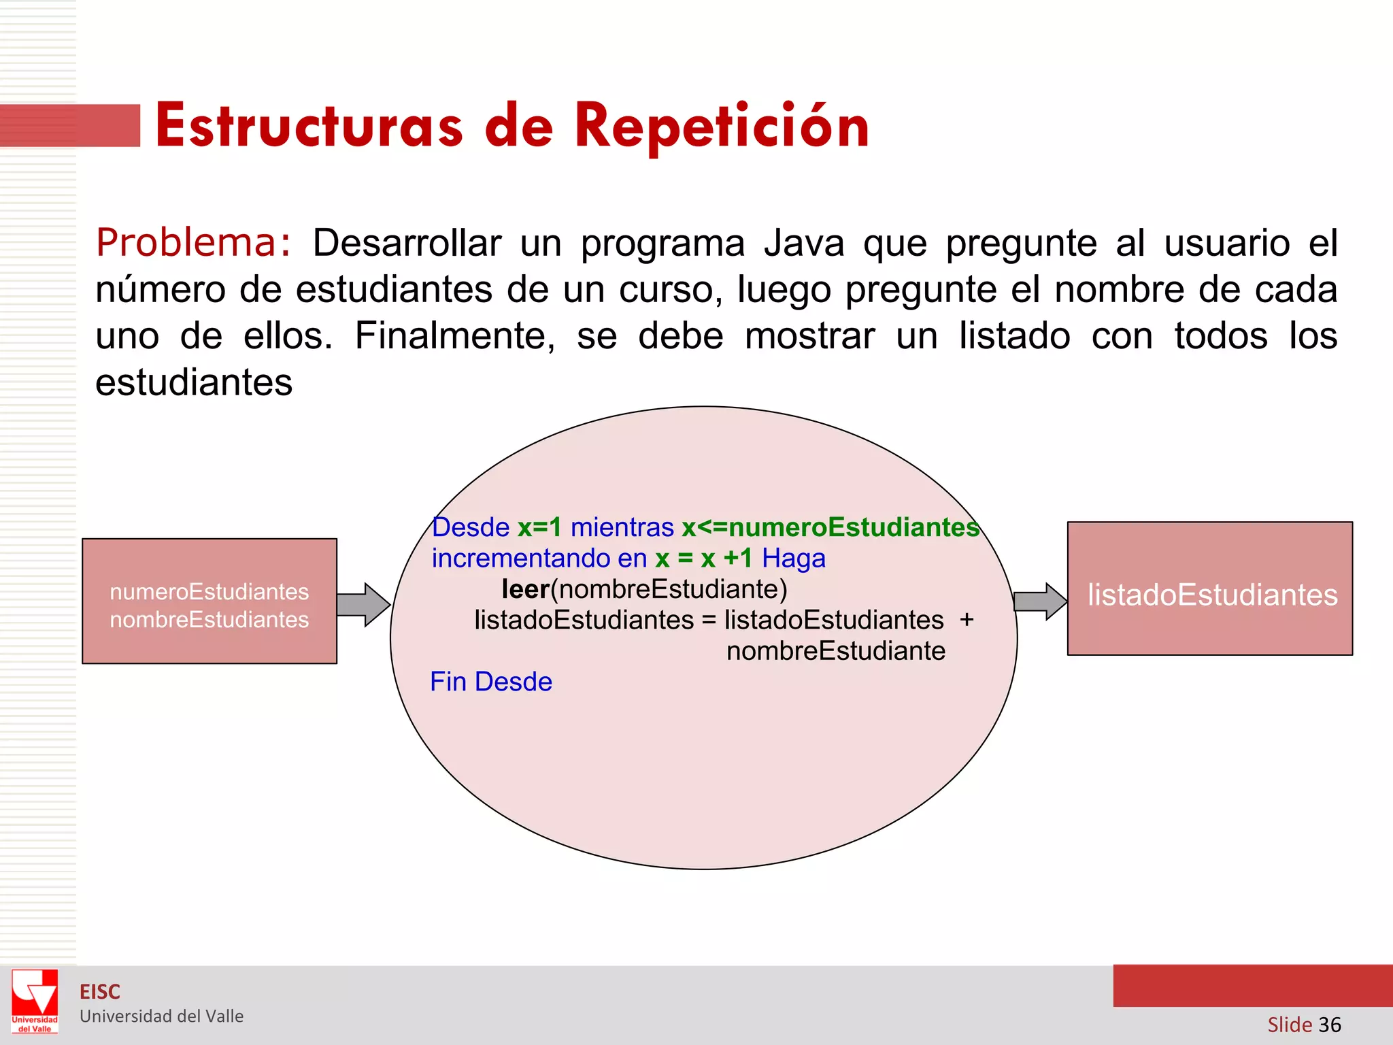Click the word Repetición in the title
[x=722, y=127]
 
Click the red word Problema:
[x=194, y=243]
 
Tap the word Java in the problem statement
[x=803, y=243]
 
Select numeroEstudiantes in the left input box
[x=209, y=592]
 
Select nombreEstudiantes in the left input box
[x=209, y=620]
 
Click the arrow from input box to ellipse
[x=363, y=604]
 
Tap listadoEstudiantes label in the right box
[x=1212, y=595]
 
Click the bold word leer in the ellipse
[x=525, y=589]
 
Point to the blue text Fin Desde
[x=491, y=682]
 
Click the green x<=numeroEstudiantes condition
[x=830, y=527]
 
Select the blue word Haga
[x=793, y=559]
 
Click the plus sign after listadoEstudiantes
[x=967, y=620]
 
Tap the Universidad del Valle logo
[x=35, y=1001]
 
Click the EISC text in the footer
[x=100, y=992]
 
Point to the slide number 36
[x=1329, y=1025]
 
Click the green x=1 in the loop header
[x=539, y=527]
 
